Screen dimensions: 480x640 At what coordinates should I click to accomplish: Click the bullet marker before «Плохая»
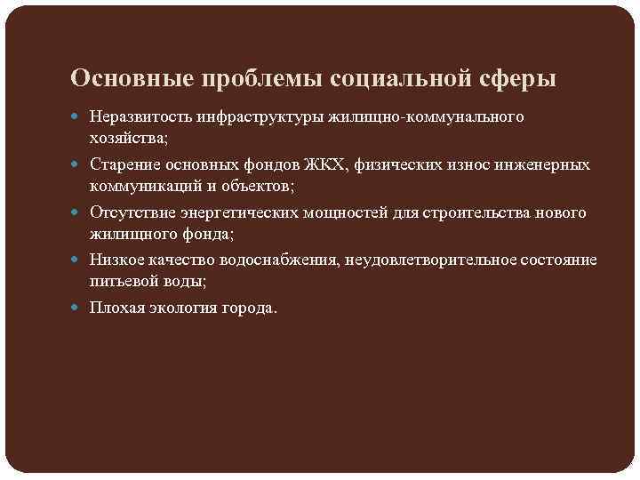pyautogui.click(x=78, y=308)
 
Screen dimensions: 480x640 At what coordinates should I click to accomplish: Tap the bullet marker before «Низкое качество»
pyautogui.click(x=78, y=260)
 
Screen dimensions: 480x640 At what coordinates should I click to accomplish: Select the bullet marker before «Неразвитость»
pyautogui.click(x=78, y=117)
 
